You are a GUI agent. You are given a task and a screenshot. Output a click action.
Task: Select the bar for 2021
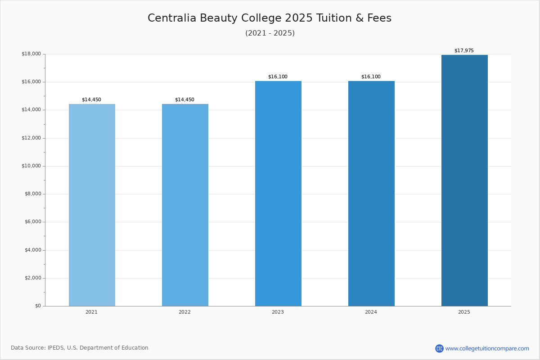(92, 205)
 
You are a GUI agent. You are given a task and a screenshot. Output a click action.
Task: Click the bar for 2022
(185, 205)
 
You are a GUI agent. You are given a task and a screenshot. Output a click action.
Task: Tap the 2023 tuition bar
(278, 193)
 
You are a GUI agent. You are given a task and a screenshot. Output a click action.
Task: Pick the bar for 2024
(372, 193)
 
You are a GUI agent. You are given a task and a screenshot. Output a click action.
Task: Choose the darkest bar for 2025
(464, 180)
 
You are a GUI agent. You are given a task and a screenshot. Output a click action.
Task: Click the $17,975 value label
(464, 51)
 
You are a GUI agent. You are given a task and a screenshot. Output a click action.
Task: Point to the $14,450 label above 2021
(92, 99)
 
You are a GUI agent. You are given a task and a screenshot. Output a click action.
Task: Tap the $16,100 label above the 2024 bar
(371, 76)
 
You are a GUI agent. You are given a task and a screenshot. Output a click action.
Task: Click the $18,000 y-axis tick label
(31, 54)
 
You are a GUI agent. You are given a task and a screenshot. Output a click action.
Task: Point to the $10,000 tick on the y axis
(31, 166)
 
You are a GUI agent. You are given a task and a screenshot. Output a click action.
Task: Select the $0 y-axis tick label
(38, 306)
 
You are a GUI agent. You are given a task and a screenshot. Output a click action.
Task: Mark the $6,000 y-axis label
(33, 222)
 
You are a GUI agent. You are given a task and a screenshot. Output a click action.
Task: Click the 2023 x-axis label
(278, 312)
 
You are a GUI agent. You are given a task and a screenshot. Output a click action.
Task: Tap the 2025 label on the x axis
(464, 312)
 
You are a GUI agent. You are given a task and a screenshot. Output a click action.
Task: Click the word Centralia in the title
(172, 18)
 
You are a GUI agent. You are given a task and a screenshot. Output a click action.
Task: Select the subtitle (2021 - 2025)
(270, 33)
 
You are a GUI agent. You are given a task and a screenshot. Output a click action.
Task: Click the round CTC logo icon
(439, 348)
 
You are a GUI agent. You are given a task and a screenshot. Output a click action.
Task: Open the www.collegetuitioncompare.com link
(487, 348)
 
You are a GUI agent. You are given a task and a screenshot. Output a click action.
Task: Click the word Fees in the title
(379, 18)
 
